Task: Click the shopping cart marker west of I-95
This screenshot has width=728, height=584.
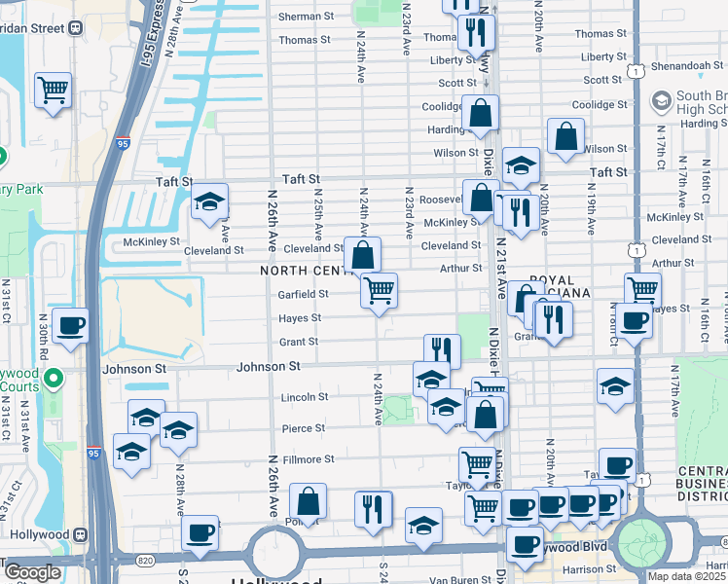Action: pyautogui.click(x=54, y=91)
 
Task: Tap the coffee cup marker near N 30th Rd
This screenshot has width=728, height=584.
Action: pyautogui.click(x=70, y=325)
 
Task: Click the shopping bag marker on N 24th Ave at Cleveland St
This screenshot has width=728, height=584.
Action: pyautogui.click(x=362, y=256)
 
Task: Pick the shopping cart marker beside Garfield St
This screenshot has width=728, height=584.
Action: pyautogui.click(x=379, y=289)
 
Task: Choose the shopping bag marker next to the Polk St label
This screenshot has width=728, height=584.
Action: pyautogui.click(x=308, y=501)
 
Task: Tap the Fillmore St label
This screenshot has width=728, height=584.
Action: pyautogui.click(x=308, y=458)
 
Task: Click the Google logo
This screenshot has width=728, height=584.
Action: pyautogui.click(x=32, y=572)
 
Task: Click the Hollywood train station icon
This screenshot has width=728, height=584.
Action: pyautogui.click(x=81, y=535)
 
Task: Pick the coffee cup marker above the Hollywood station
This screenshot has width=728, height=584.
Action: pyautogui.click(x=200, y=532)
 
